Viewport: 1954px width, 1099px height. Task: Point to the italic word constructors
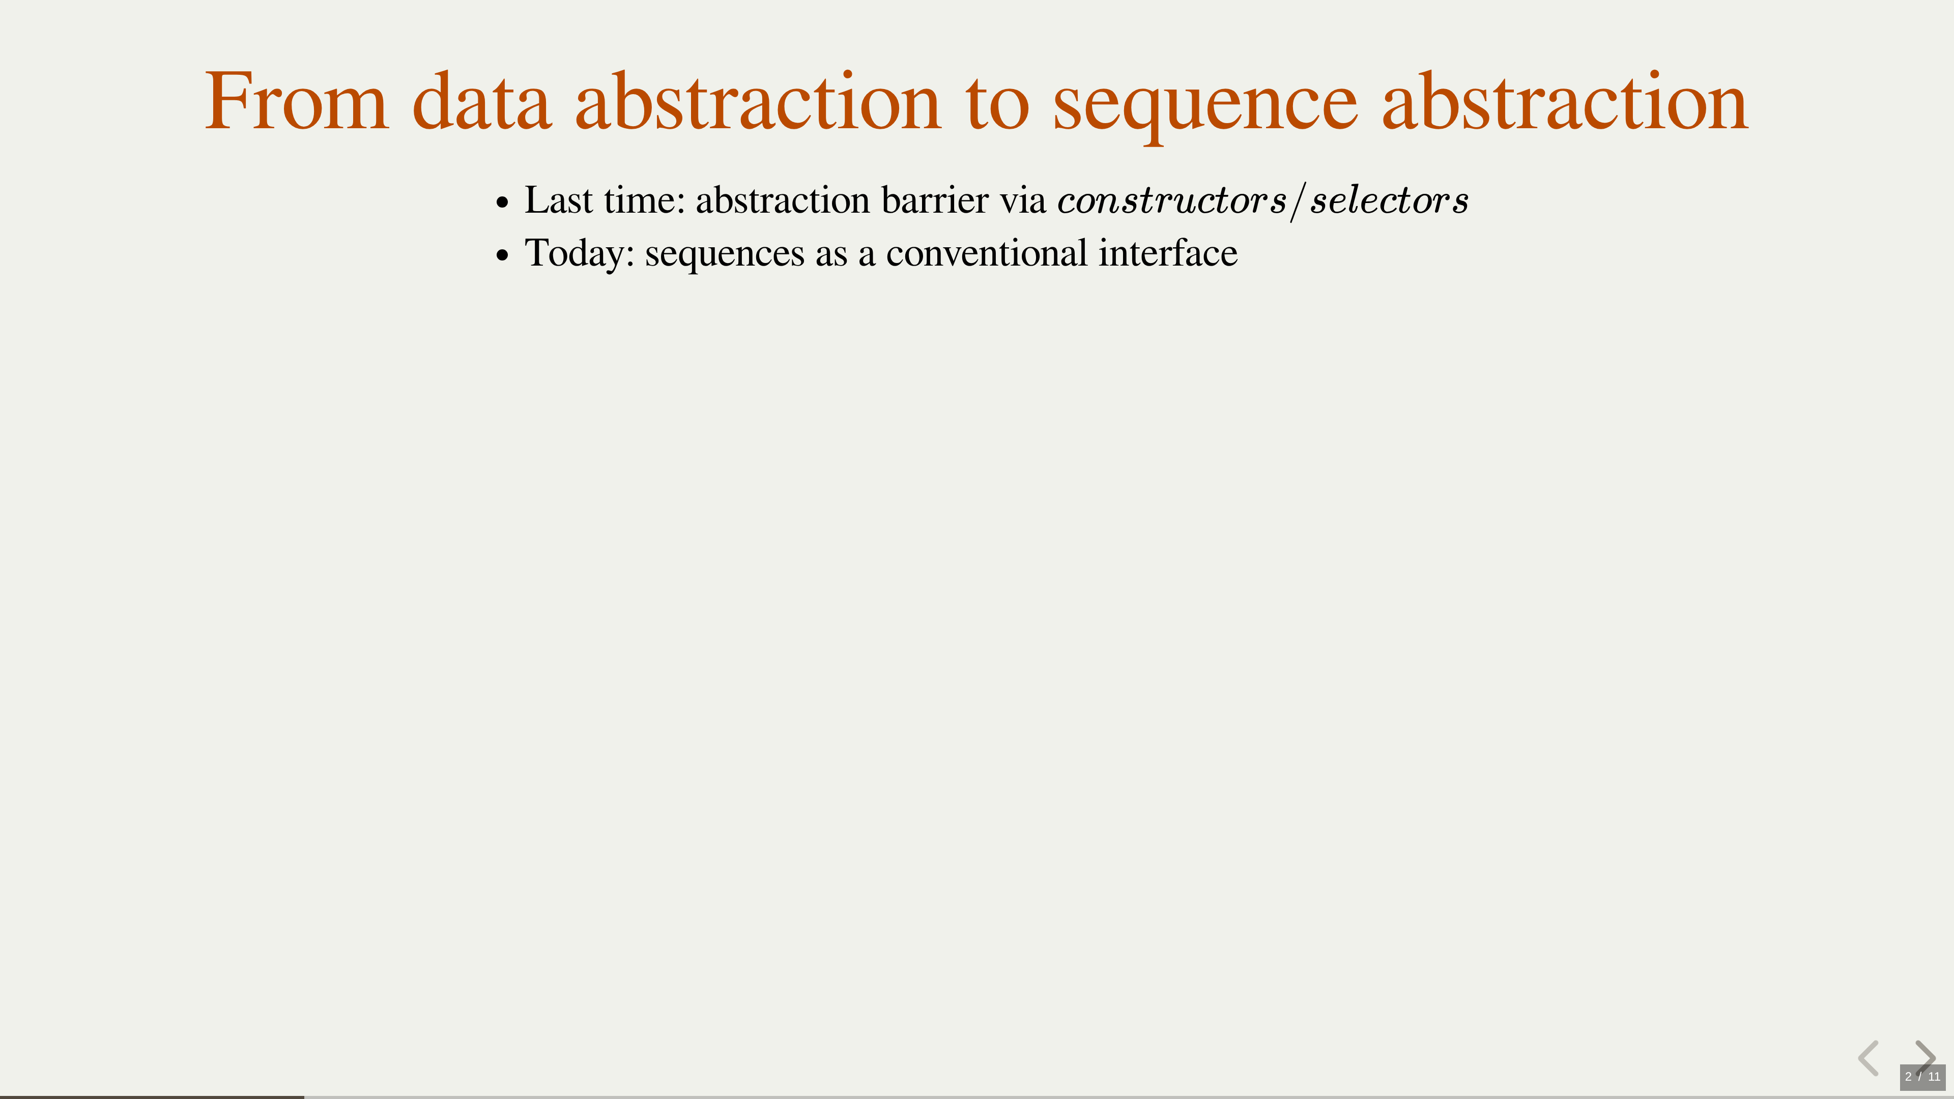tap(1172, 201)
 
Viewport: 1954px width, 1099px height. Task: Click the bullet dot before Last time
tap(502, 204)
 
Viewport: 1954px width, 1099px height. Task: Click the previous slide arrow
tap(1869, 1058)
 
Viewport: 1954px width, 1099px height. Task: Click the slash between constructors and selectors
tap(1299, 201)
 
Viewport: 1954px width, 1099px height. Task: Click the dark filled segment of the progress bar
tap(152, 1097)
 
